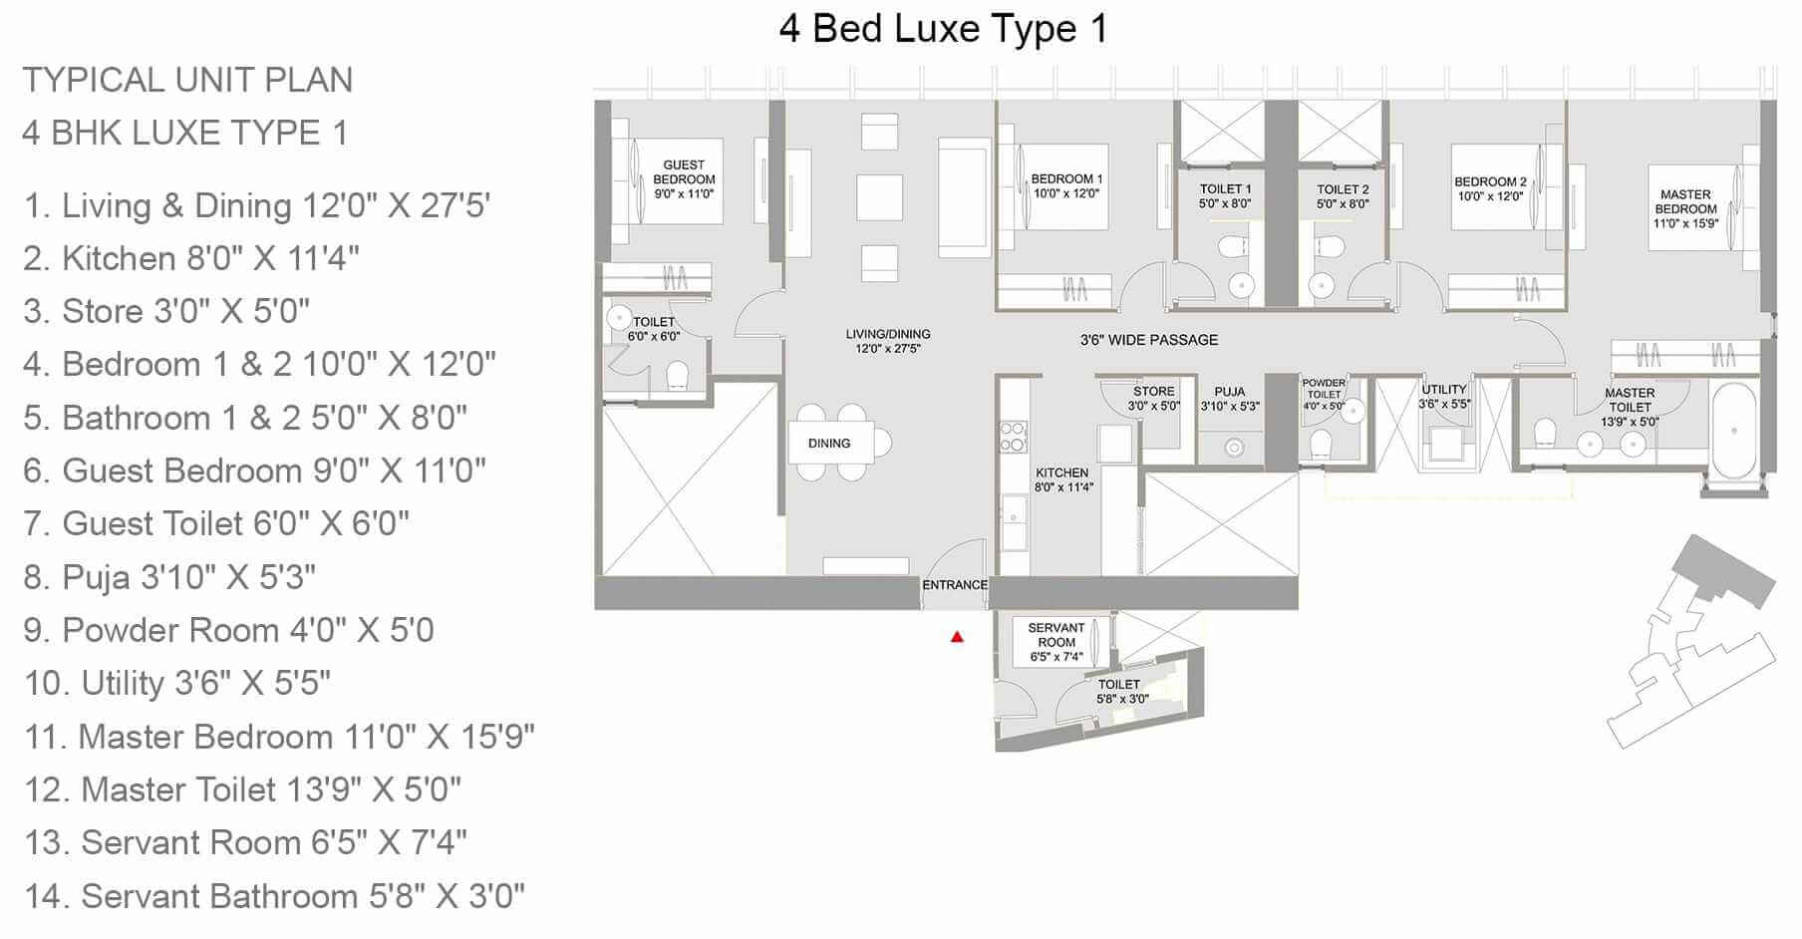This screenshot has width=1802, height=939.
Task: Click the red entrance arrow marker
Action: pos(957,636)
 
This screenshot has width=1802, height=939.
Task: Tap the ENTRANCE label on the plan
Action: pos(955,585)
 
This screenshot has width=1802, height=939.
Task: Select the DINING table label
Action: pos(829,444)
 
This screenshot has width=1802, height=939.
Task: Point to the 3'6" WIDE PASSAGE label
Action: pos(1149,340)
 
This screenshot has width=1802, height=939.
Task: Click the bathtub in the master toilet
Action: pos(1734,431)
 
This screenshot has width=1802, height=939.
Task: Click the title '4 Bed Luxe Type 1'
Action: pos(943,29)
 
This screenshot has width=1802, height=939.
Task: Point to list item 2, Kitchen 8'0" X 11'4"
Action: pos(191,259)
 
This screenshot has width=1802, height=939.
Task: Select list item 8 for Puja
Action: pos(169,577)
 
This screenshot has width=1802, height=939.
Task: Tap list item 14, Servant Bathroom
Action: pos(274,896)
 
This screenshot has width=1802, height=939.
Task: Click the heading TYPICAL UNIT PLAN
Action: pos(187,80)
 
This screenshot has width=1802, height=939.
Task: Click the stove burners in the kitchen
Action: pos(1013,437)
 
